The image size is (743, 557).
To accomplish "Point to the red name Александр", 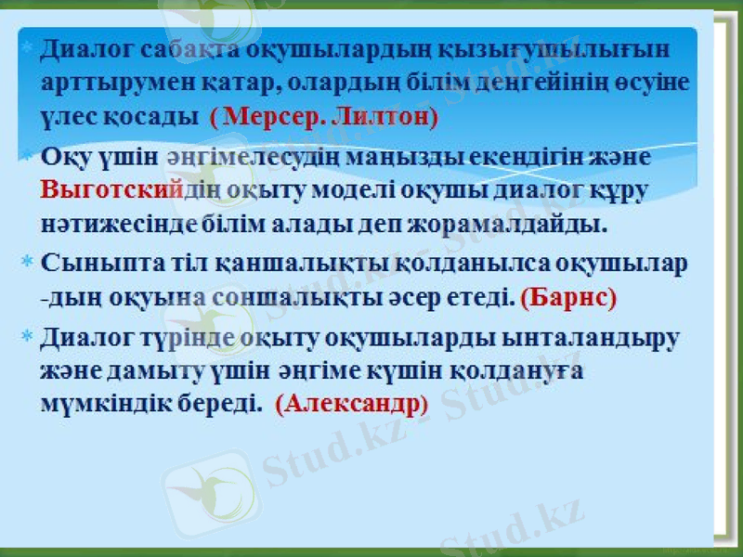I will pyautogui.click(x=350, y=405).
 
